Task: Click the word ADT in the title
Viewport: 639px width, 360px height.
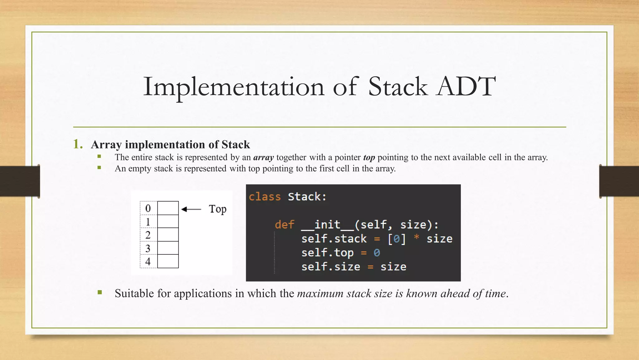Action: [x=466, y=87]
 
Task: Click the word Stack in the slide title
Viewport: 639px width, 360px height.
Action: [x=398, y=87]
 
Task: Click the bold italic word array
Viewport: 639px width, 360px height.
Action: [x=263, y=157]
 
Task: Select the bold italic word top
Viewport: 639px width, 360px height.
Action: [x=369, y=157]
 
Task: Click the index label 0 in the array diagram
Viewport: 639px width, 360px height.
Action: [x=148, y=208]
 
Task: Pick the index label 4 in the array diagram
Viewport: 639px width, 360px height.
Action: [x=148, y=261]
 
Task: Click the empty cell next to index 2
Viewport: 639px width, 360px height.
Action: [x=168, y=234]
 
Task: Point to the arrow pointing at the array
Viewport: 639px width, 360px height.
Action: [x=191, y=209]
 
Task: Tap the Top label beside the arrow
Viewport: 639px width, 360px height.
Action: [x=217, y=209]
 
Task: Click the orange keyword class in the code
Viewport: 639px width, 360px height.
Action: [x=265, y=197]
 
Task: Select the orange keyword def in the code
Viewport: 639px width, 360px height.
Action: [x=284, y=224]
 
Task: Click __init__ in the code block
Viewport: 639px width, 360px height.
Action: [x=328, y=224]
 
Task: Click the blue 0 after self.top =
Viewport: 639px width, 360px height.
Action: [x=377, y=252]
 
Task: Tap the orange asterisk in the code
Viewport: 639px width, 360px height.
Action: [x=416, y=237]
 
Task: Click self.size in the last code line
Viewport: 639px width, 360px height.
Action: [x=330, y=267]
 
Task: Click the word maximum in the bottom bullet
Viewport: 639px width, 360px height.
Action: [x=320, y=293]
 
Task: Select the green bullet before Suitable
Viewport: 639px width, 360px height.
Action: [x=100, y=292]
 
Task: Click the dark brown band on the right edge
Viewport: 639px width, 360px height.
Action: [x=619, y=181]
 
